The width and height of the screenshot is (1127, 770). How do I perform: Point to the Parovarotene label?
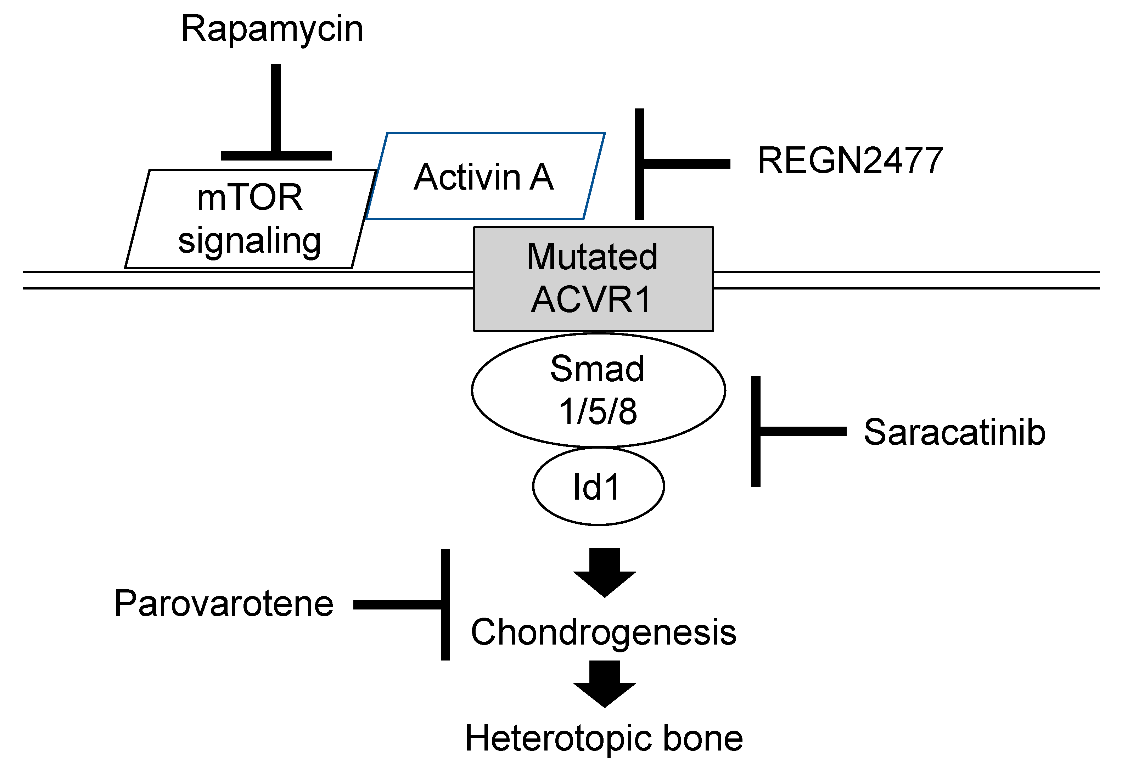click(x=224, y=604)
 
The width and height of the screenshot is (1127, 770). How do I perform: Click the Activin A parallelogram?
click(x=485, y=176)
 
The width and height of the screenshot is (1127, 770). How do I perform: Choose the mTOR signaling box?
click(x=250, y=218)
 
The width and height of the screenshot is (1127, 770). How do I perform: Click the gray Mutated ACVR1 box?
click(x=593, y=279)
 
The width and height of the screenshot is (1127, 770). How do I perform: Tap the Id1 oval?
click(x=598, y=486)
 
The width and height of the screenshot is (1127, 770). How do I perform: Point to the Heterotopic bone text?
click(x=603, y=738)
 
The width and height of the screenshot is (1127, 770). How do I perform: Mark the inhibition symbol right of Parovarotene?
click(x=412, y=604)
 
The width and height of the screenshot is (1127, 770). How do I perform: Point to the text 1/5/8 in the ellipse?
click(x=598, y=411)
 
